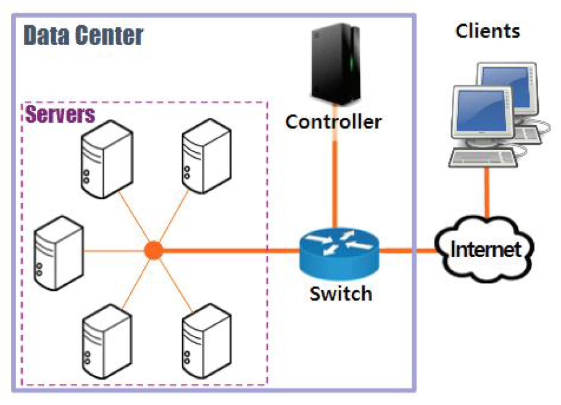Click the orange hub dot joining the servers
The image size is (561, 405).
coord(152,250)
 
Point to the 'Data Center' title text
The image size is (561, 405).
coord(83,36)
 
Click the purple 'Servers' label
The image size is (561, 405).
coord(60,114)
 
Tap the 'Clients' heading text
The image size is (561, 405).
coord(488,31)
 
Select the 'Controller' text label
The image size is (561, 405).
coord(333,121)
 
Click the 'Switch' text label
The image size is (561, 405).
coord(341,293)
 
